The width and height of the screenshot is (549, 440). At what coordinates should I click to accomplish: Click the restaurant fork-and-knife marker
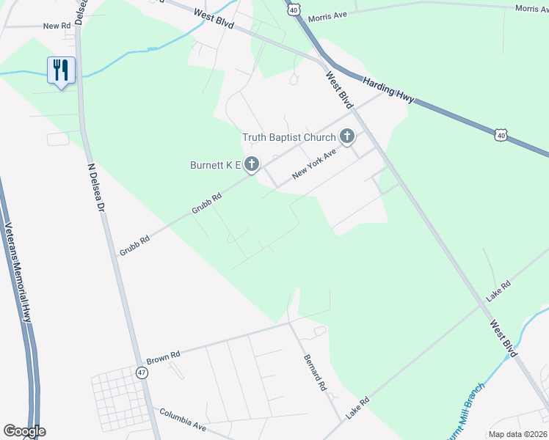click(x=61, y=70)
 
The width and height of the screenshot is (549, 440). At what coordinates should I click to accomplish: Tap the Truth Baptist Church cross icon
click(x=346, y=136)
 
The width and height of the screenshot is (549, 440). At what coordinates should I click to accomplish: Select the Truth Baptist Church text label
click(x=288, y=137)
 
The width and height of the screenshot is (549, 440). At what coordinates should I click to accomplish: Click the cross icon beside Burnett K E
click(x=252, y=165)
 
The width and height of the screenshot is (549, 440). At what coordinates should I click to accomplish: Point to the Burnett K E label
click(x=216, y=166)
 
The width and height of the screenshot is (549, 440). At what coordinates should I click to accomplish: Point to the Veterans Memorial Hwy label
click(x=18, y=272)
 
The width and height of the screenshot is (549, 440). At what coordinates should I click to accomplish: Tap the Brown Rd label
click(x=163, y=359)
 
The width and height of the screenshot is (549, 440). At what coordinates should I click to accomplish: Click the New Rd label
click(x=56, y=26)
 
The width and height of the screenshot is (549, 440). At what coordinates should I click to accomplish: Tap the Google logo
click(x=24, y=431)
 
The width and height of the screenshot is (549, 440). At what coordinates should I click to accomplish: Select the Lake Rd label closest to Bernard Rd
click(x=357, y=405)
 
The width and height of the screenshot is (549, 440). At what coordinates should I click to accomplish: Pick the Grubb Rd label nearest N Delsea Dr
click(x=129, y=245)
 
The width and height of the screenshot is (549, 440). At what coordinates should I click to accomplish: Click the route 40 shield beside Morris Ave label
click(x=294, y=10)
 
